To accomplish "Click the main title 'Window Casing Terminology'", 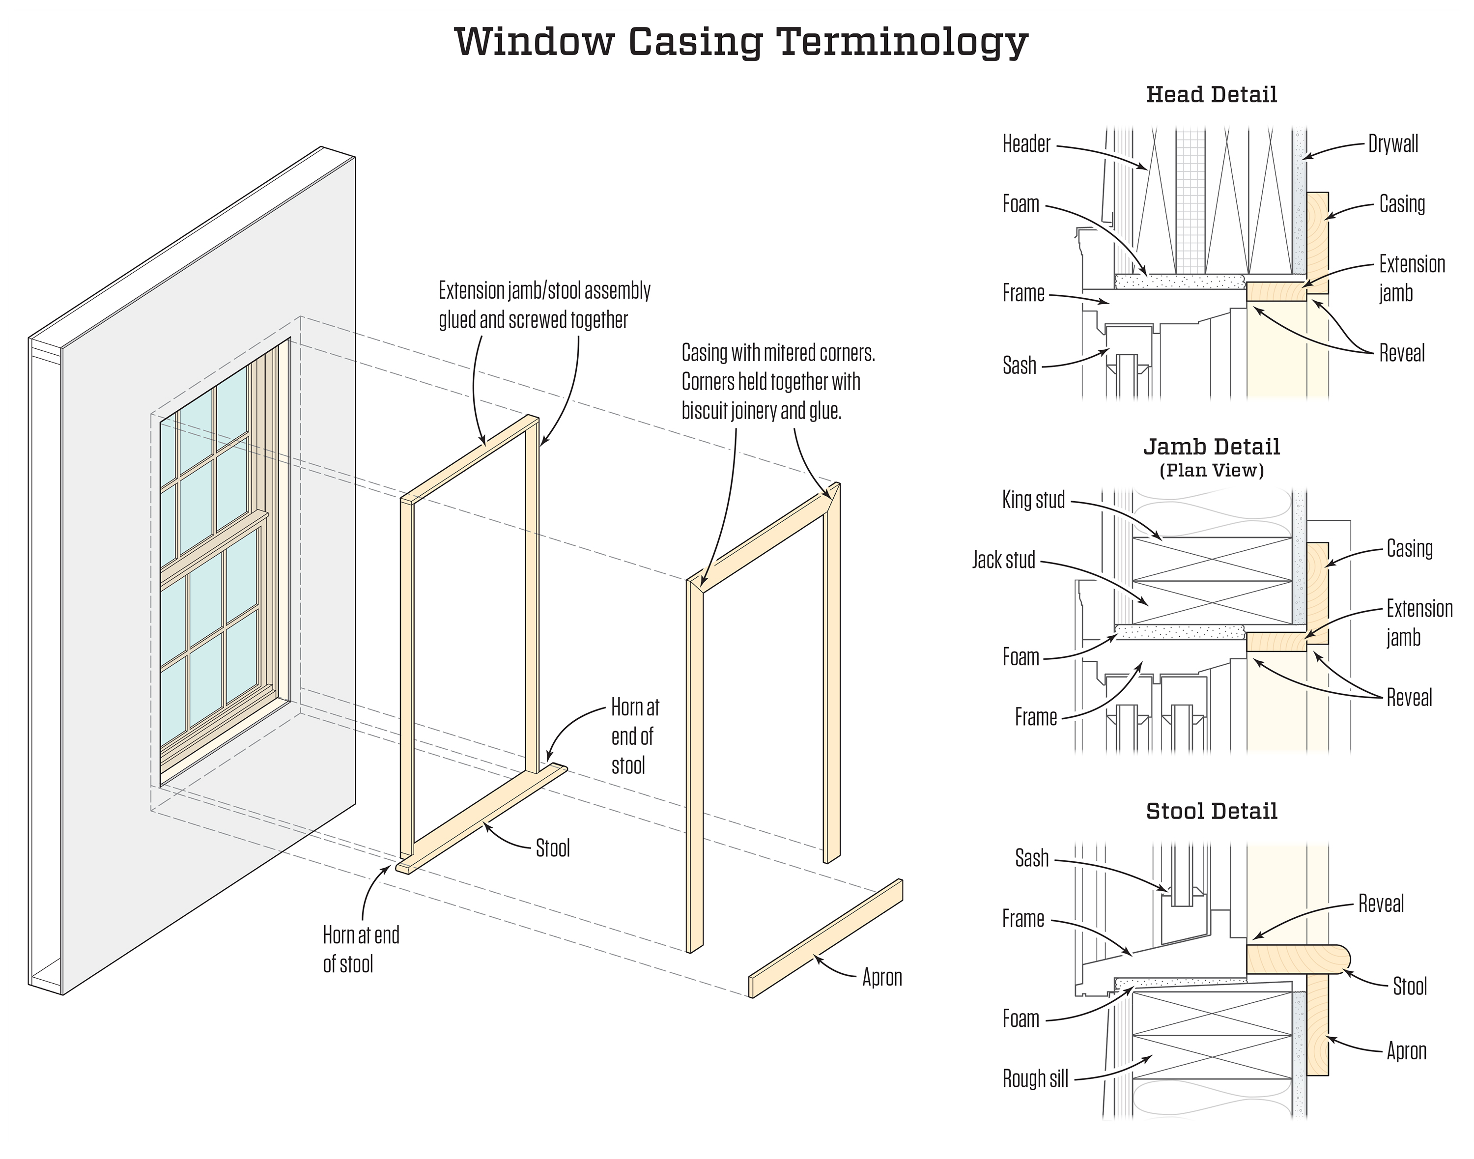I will coord(740,42).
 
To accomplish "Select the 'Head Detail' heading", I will coord(1211,94).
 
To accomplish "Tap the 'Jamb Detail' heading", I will coord(1211,447).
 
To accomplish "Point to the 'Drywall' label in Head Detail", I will coord(1392,144).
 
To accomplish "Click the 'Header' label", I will coord(1026,144).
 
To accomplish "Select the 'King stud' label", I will coord(1033,500).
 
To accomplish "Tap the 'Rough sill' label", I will coord(1035,1078).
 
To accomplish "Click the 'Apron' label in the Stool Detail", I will coord(1406,1050).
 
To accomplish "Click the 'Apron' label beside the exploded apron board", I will coord(881,977).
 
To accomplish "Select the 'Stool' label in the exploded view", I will coord(552,848).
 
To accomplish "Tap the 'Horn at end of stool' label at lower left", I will coord(360,949).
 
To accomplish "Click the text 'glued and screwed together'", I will coord(533,320).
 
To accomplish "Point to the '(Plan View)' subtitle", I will coord(1211,470).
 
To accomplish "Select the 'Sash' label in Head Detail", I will coord(1020,366).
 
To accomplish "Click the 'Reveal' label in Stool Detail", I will coord(1380,904).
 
